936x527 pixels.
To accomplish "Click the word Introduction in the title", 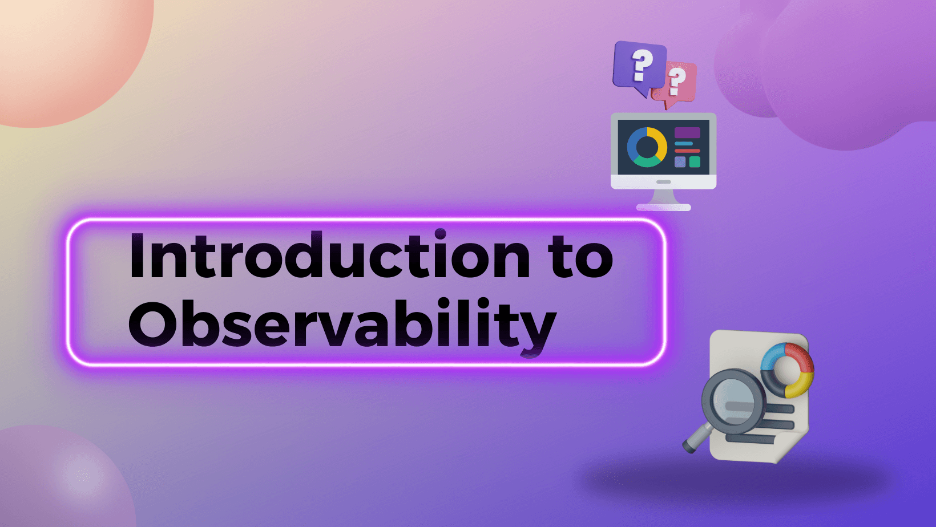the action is point(329,255).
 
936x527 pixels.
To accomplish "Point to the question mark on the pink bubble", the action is point(675,82).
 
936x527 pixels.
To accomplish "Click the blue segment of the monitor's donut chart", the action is point(636,142).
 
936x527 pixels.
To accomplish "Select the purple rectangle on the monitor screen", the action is point(687,133).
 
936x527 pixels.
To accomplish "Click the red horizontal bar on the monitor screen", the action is point(687,151).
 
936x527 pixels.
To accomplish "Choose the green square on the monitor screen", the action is point(695,162).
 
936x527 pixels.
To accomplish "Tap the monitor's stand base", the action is point(664,207).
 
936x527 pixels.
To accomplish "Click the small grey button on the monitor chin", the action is point(664,182).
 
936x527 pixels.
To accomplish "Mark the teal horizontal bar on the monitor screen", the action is point(684,144).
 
